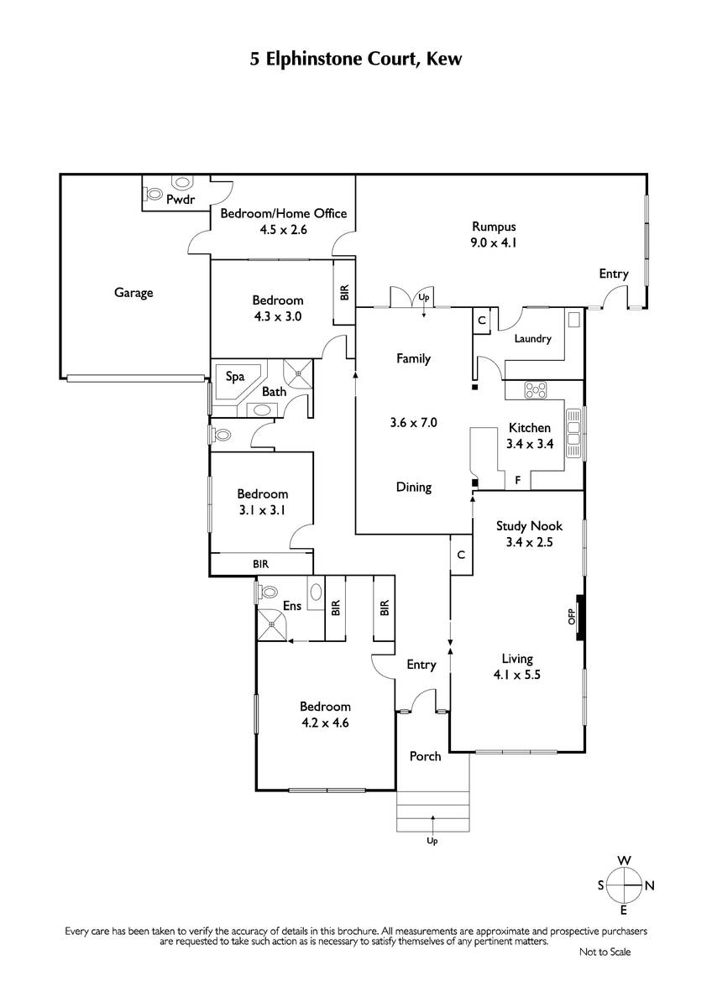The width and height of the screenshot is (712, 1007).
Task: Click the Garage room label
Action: coord(133,293)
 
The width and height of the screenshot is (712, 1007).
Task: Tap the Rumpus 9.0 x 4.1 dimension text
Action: coord(494,243)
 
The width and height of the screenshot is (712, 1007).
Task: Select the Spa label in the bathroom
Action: coord(235,376)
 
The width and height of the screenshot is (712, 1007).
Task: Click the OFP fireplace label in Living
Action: coord(572,617)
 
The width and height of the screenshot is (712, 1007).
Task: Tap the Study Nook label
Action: coord(530,526)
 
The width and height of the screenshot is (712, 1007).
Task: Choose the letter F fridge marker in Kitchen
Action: coord(518,481)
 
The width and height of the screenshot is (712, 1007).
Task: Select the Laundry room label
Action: coord(532,338)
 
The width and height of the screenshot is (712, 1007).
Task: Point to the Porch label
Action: coord(425,757)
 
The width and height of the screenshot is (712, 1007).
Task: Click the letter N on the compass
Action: coord(650,886)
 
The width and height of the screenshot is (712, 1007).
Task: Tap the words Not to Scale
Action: coord(605,952)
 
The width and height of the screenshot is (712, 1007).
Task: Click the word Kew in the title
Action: coord(444,59)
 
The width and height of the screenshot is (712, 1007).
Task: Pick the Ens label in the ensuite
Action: coord(292,606)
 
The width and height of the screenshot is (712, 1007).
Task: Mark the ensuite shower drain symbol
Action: coord(272,624)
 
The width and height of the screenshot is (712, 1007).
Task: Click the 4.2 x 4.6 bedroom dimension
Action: coord(325,723)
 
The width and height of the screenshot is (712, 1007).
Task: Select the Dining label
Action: coord(414,488)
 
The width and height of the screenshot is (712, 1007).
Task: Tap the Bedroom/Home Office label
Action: coord(283,213)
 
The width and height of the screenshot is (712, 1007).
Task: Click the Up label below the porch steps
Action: coord(432,841)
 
